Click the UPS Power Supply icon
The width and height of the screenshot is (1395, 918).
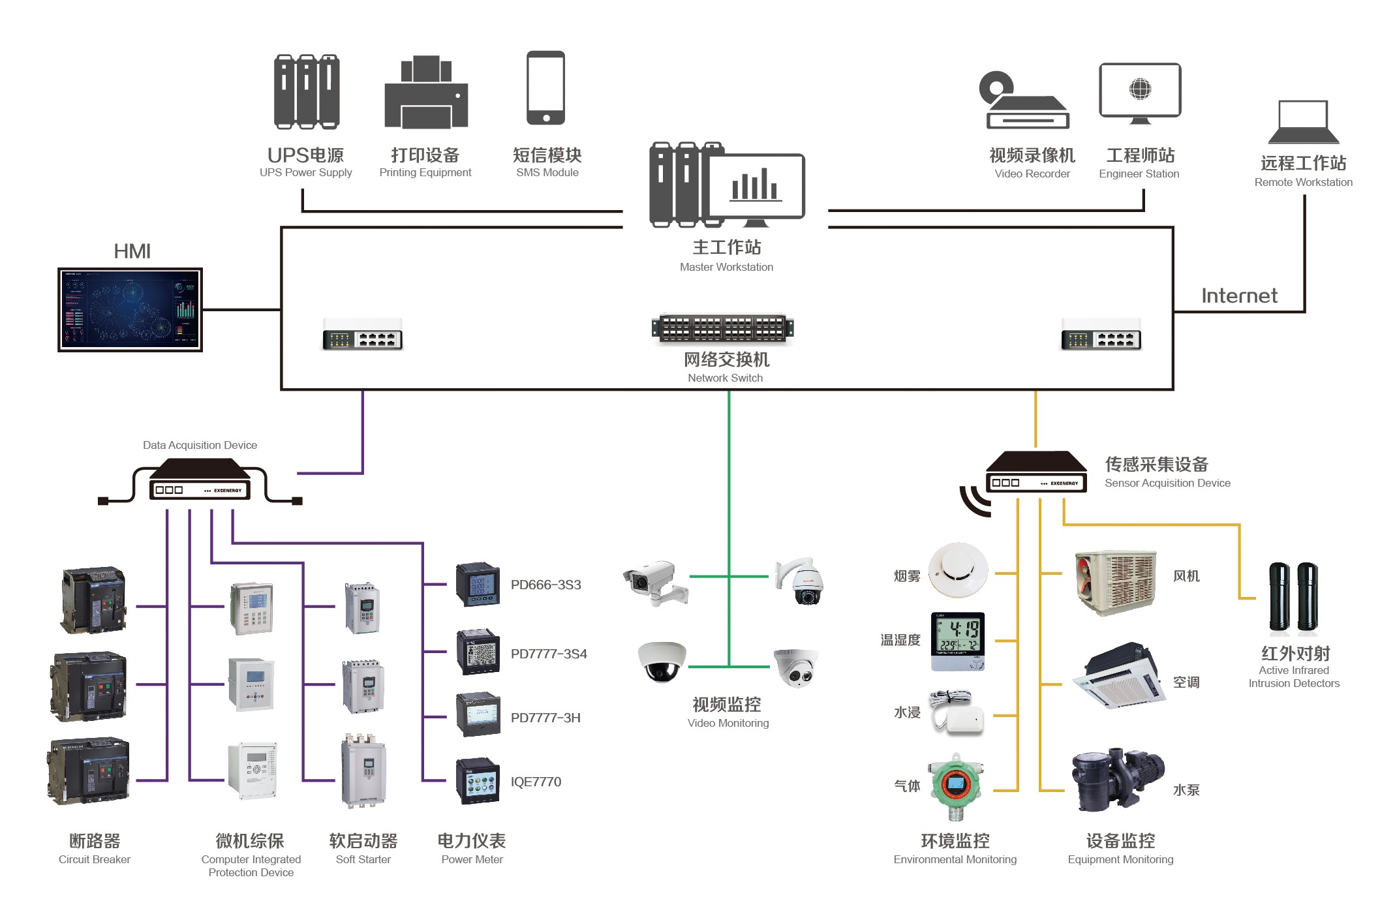pos(307,91)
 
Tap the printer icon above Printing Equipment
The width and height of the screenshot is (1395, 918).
pos(426,93)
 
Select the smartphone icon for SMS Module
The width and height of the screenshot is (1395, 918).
pos(546,88)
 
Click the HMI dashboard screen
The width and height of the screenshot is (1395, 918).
pos(130,309)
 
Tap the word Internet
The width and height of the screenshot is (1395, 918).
pos(1239,296)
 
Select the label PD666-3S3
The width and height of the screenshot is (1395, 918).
pos(545,585)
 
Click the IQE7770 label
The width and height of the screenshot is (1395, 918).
pos(536,782)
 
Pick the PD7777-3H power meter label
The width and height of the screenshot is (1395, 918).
pos(545,718)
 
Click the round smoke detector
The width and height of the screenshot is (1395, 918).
pos(958,569)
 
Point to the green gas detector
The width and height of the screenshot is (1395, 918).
pos(957,786)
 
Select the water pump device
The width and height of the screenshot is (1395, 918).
pos(1117,779)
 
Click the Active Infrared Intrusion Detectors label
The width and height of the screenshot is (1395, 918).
pos(1294,676)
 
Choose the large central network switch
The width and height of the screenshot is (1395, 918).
pos(723,328)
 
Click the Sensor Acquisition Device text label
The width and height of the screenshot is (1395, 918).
pos(1167,483)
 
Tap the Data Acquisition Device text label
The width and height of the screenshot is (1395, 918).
pos(200,445)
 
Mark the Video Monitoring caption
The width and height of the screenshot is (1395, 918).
pos(728,723)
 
